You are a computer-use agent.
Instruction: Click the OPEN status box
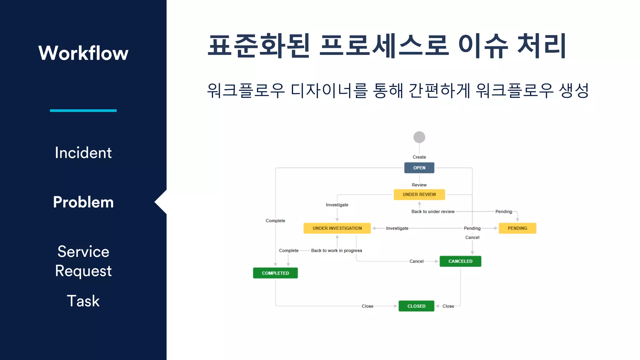[419, 168]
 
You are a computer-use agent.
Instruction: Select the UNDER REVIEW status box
[419, 194]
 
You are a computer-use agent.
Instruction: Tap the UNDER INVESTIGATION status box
[337, 228]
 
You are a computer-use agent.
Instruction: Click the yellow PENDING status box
[517, 228]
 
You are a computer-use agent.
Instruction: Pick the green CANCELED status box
[460, 261]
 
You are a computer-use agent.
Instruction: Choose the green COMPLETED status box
[275, 273]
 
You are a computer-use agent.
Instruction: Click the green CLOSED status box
[416, 306]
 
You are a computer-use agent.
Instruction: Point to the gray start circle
[419, 137]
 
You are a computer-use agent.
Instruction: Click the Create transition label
[419, 157]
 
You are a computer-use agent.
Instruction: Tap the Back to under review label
[433, 212]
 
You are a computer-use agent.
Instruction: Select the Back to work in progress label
[337, 251]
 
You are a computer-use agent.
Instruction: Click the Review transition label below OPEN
[419, 185]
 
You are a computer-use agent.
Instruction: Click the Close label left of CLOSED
[367, 306]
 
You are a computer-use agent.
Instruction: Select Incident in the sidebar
[83, 153]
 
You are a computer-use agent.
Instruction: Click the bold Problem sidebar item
[83, 202]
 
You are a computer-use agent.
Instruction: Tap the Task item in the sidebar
[83, 301]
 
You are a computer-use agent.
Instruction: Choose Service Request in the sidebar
[83, 261]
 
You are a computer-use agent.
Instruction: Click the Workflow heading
[83, 53]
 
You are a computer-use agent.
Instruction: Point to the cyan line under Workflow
[83, 111]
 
